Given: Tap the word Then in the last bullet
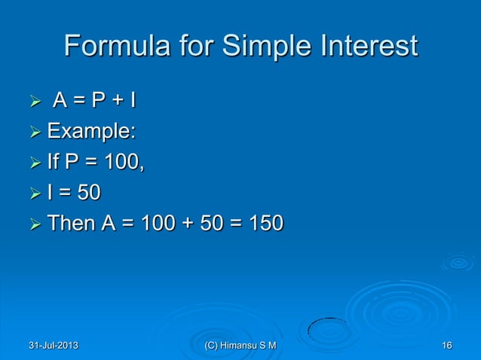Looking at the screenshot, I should pyautogui.click(x=69, y=224).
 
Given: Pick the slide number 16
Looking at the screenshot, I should pyautogui.click(x=446, y=346).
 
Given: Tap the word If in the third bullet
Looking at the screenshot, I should pyautogui.click(x=54, y=162).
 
